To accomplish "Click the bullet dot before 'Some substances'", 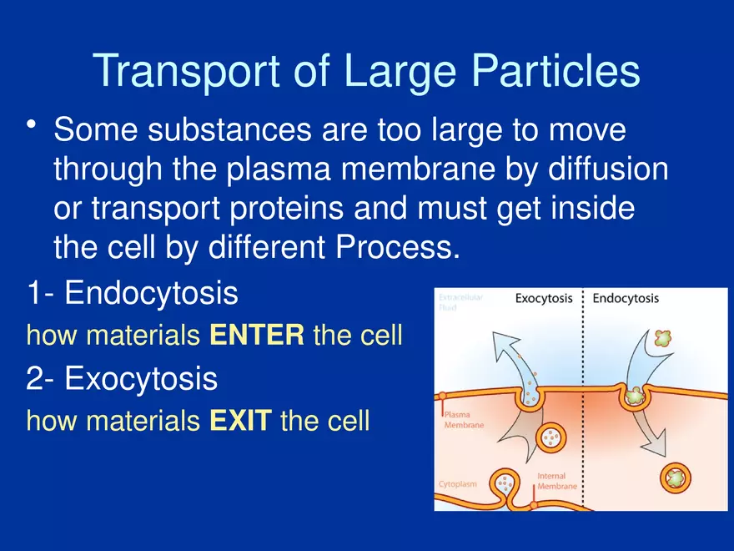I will point(33,126).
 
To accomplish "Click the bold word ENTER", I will point(256,336).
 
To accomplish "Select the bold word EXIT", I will point(239,421).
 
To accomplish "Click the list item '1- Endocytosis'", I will point(132,294).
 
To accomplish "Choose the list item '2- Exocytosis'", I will point(122,379).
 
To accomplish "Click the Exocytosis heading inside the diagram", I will point(543,299).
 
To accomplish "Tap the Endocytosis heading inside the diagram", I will point(625,299).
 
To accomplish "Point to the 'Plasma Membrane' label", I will point(463,419).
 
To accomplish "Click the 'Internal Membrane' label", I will point(552,481).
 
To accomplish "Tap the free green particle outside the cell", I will point(663,338).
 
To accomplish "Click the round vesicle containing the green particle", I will point(676,478).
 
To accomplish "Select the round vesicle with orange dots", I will point(551,435).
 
